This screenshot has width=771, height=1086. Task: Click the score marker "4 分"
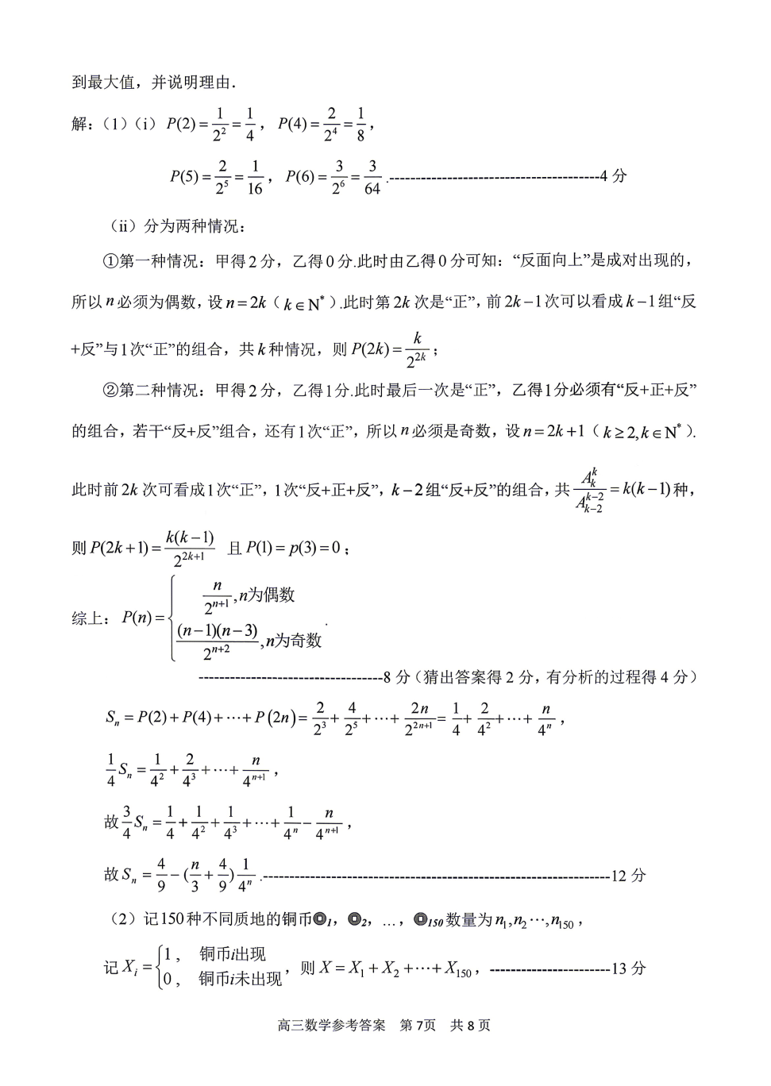[613, 176]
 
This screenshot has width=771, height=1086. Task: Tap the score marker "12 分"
[628, 876]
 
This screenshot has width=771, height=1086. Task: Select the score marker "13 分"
[628, 969]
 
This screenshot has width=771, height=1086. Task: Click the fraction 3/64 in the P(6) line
[372, 177]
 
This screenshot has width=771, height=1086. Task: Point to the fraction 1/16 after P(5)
[254, 177]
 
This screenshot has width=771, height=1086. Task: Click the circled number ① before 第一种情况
[110, 261]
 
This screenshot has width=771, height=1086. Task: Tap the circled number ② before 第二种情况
[110, 390]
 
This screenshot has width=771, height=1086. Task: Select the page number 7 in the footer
[421, 1025]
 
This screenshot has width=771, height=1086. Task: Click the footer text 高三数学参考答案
[331, 1025]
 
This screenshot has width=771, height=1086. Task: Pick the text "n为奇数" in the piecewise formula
[293, 641]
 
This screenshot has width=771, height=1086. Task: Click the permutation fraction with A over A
[589, 491]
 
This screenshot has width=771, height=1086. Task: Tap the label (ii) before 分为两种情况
[123, 226]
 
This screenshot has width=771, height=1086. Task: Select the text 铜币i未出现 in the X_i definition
[240, 980]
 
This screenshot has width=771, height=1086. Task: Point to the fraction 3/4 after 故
[126, 822]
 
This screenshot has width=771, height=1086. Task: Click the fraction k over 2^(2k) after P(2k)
[416, 349]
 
